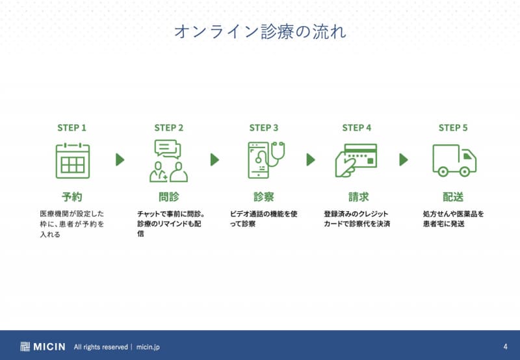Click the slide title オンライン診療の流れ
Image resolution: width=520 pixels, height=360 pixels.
click(260, 32)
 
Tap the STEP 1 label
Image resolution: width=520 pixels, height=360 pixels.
click(71, 128)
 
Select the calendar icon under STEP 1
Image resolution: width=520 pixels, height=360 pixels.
click(73, 161)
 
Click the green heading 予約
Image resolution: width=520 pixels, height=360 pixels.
click(71, 197)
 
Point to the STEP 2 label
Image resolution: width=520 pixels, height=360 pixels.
click(169, 128)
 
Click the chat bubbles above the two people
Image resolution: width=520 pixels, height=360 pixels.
click(168, 149)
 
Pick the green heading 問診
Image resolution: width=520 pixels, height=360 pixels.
click(169, 197)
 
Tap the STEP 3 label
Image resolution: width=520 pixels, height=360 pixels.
click(264, 128)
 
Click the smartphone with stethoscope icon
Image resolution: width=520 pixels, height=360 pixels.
click(266, 160)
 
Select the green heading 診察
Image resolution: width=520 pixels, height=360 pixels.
click(264, 197)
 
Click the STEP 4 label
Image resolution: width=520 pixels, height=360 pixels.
click(357, 128)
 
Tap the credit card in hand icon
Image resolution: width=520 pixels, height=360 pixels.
click(356, 161)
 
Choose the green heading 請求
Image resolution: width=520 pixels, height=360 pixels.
click(359, 197)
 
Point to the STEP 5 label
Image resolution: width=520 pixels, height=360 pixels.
click(453, 128)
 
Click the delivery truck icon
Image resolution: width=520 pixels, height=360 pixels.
click(454, 161)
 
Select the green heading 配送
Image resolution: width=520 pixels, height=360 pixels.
click(453, 197)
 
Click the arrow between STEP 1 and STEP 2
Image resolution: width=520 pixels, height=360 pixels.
click(120, 160)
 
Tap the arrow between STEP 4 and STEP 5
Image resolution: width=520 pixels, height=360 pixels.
click(404, 160)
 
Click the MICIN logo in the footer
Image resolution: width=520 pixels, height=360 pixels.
click(43, 347)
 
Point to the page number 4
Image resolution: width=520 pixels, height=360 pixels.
click(506, 347)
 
